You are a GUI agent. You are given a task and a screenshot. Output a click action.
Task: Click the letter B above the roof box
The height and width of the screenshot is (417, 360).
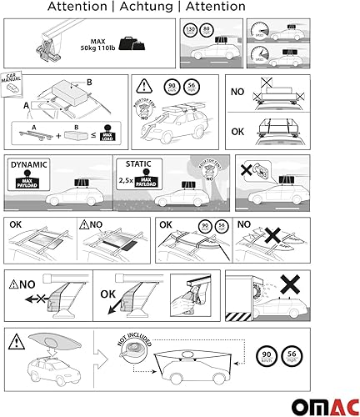(x=78, y=83)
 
